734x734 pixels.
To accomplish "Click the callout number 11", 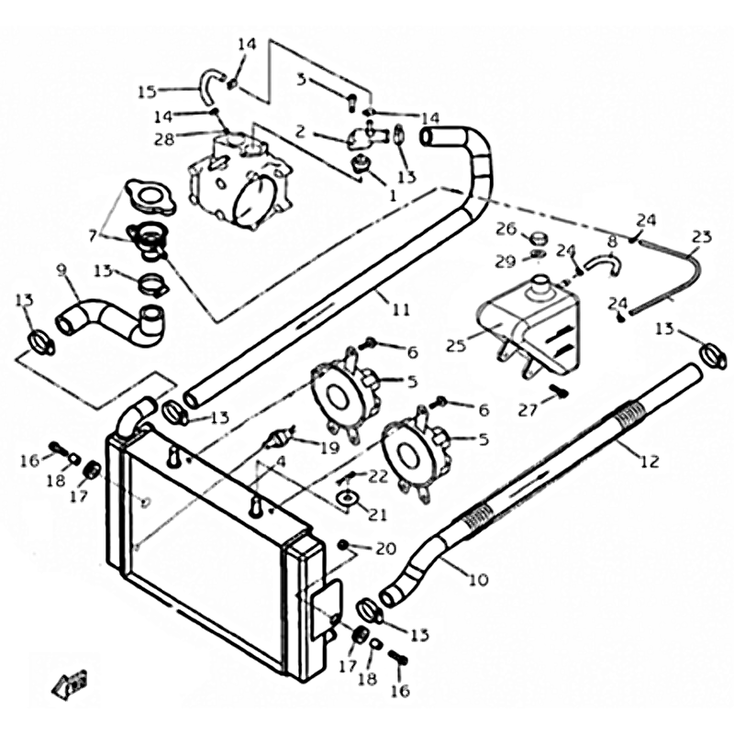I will tap(400, 309).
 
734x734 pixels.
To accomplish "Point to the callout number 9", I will tap(62, 270).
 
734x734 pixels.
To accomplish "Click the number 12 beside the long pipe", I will tap(650, 462).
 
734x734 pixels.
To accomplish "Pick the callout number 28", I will tap(165, 139).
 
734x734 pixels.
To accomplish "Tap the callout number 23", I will tap(701, 236).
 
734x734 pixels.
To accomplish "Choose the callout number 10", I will tap(478, 579).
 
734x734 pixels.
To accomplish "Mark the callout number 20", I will tap(385, 549).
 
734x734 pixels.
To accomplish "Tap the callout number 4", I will tap(281, 462).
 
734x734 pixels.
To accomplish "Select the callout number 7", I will tap(92, 235).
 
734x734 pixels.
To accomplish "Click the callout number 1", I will tap(392, 195).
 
